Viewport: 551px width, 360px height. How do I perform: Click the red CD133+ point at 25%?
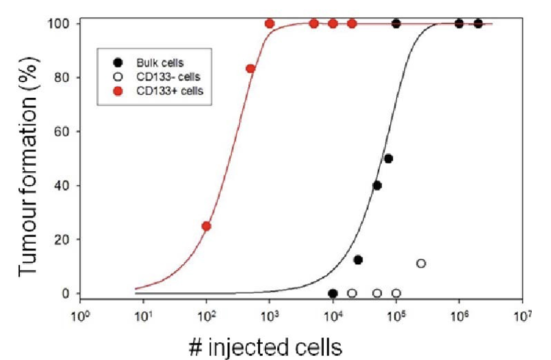point(206,226)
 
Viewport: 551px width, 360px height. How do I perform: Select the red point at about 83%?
point(251,68)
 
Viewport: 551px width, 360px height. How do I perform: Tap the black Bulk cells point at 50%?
point(388,159)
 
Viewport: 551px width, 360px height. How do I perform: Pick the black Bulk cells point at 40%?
point(376,185)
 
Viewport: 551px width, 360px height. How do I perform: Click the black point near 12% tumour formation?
point(358,260)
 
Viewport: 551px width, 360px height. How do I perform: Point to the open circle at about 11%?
point(421,263)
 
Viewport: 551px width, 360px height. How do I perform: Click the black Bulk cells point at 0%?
point(333,293)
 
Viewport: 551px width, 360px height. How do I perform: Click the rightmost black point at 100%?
point(478,24)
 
